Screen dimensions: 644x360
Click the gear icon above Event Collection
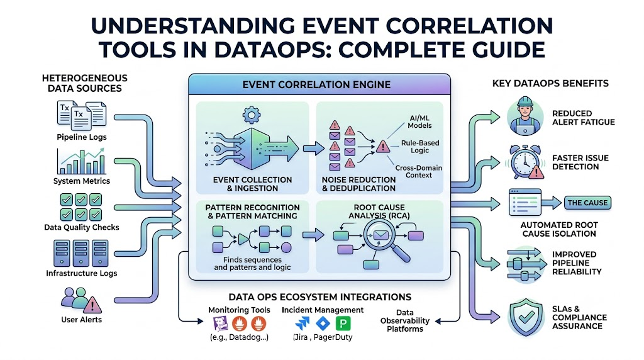(x=252, y=115)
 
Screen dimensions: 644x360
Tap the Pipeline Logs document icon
(x=81, y=115)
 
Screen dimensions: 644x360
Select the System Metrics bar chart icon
(x=81, y=162)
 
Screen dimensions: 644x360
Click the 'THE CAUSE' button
(x=587, y=203)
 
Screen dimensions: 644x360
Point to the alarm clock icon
(x=525, y=162)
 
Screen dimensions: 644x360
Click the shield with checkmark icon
(x=526, y=317)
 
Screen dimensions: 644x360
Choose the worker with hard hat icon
(x=525, y=116)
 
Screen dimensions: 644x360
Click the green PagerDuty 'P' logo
(x=343, y=324)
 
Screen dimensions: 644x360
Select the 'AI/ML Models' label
(x=419, y=121)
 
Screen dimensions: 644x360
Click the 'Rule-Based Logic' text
(x=419, y=147)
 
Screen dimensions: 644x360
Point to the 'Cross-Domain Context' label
(x=418, y=171)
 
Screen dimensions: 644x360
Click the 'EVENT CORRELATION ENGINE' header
(x=316, y=85)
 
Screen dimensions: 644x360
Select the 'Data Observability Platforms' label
(x=404, y=320)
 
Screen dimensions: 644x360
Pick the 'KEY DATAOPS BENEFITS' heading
(x=550, y=84)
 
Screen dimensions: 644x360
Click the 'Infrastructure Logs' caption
(x=81, y=273)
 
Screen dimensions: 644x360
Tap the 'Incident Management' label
(x=323, y=310)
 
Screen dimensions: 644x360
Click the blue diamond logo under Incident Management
(x=323, y=324)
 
